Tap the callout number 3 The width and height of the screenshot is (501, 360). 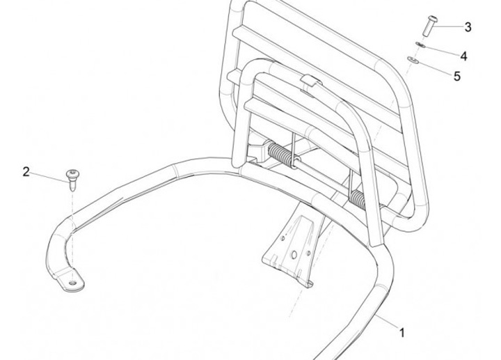tap(468, 27)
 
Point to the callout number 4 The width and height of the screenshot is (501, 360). tap(463, 54)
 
